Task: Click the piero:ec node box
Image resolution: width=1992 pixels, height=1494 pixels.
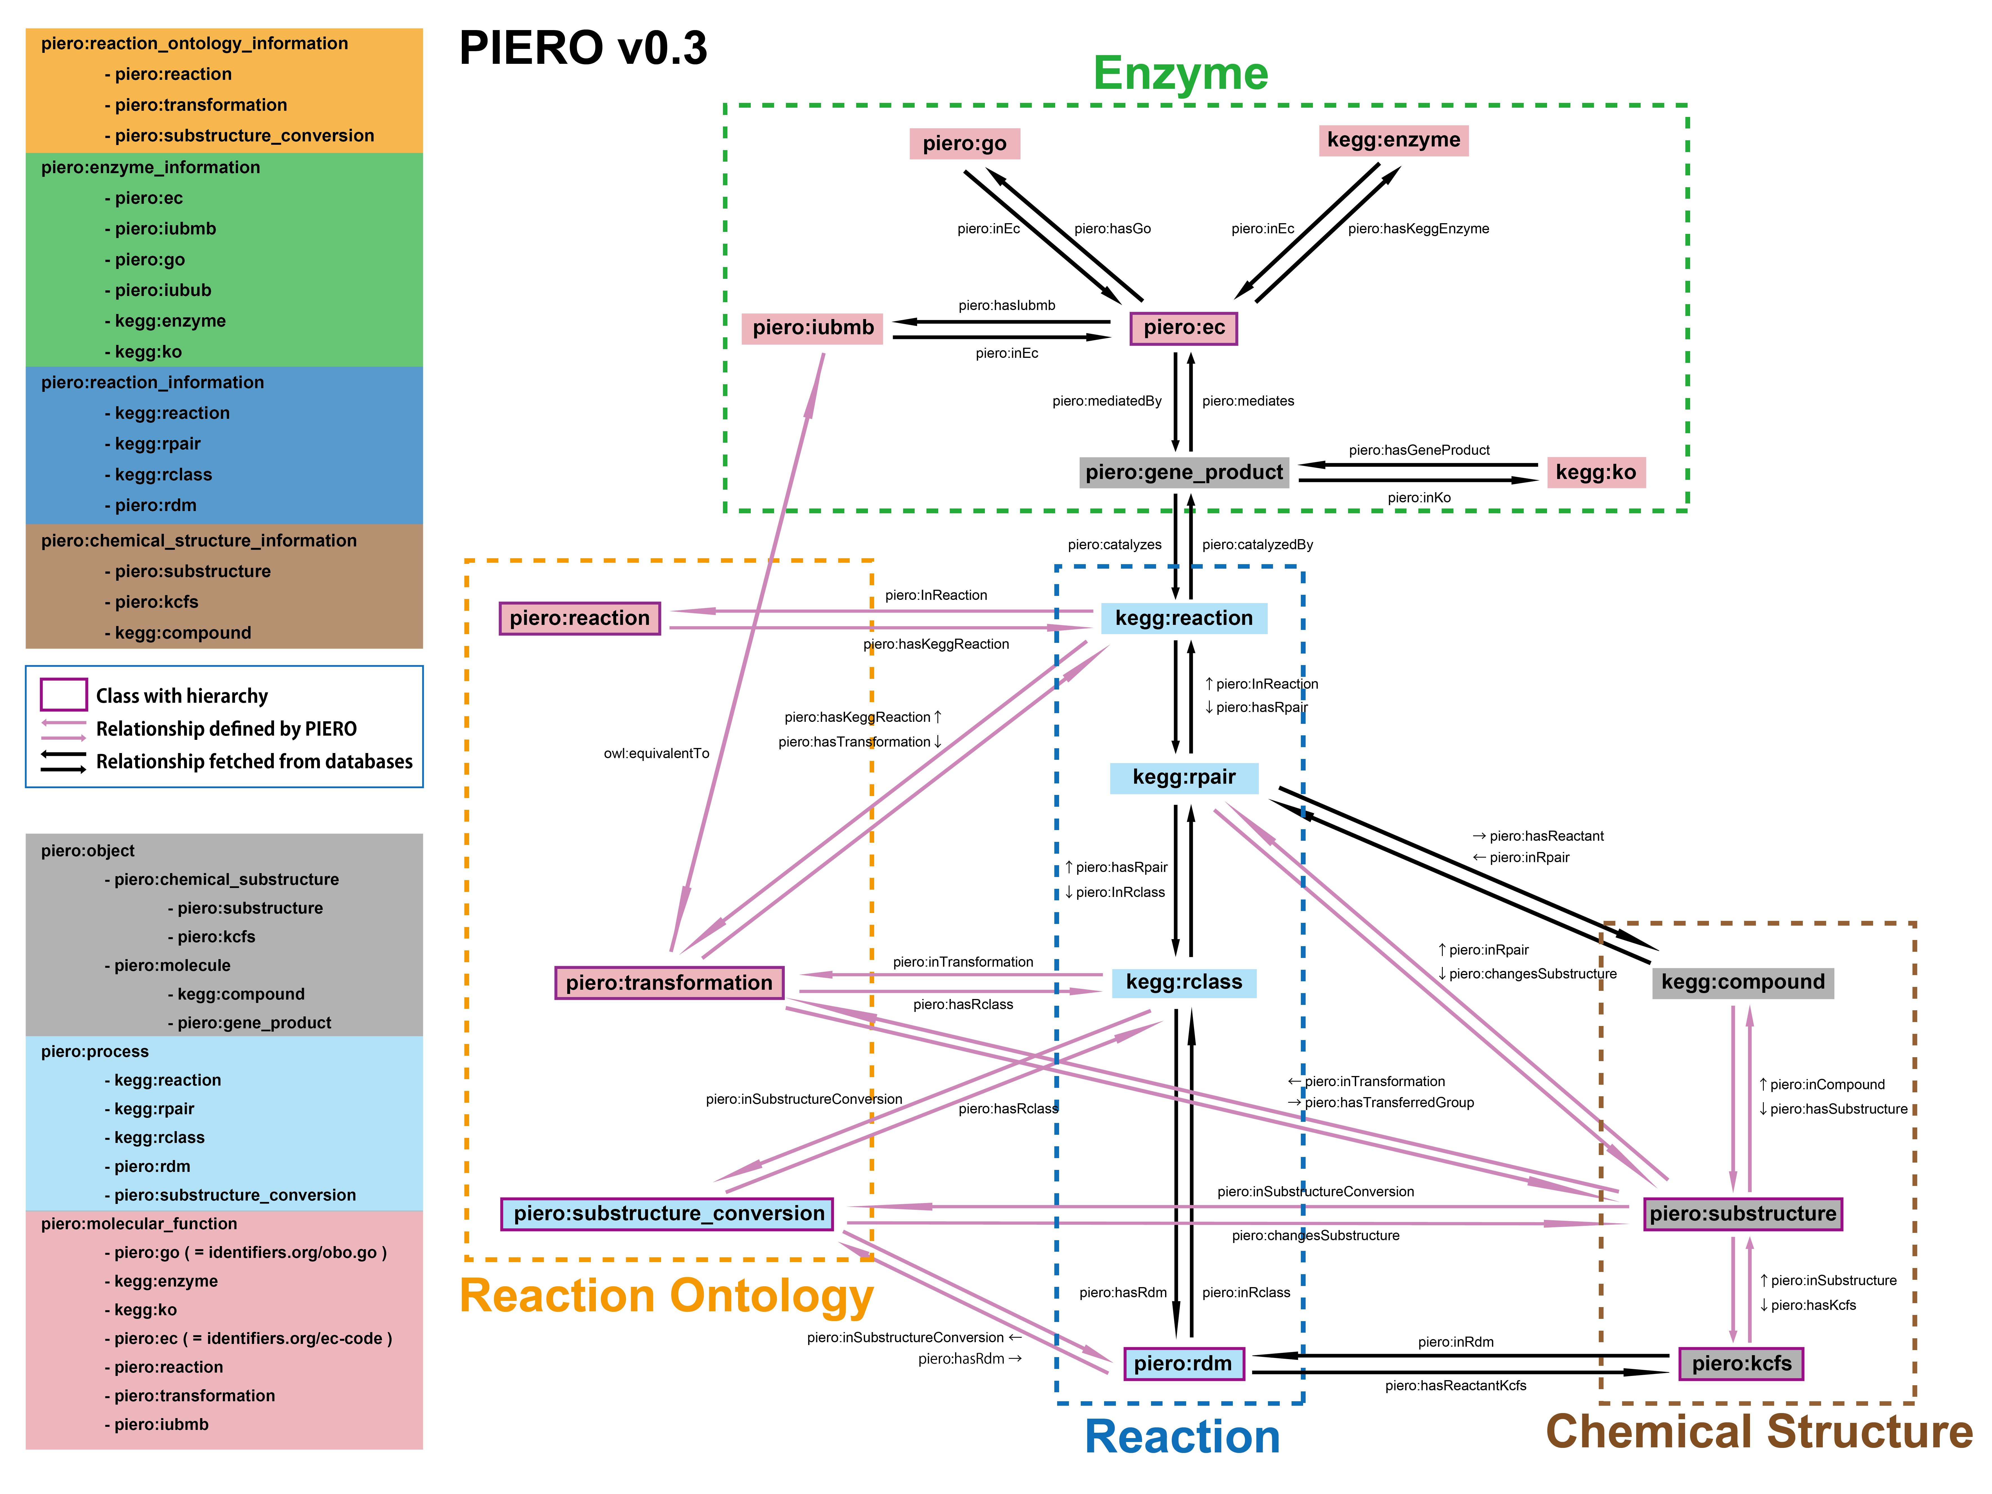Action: (x=1183, y=328)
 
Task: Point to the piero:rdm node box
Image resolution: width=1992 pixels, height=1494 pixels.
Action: (x=1183, y=1363)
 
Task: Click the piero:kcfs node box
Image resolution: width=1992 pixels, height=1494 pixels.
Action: (x=1741, y=1363)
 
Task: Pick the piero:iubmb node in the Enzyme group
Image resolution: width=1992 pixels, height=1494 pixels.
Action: (x=812, y=328)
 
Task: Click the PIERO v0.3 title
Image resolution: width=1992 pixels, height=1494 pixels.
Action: (x=584, y=48)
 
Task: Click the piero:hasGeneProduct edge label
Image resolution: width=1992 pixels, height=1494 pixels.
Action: (x=1418, y=450)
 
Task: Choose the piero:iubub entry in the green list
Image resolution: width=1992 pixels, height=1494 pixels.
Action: (x=162, y=290)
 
